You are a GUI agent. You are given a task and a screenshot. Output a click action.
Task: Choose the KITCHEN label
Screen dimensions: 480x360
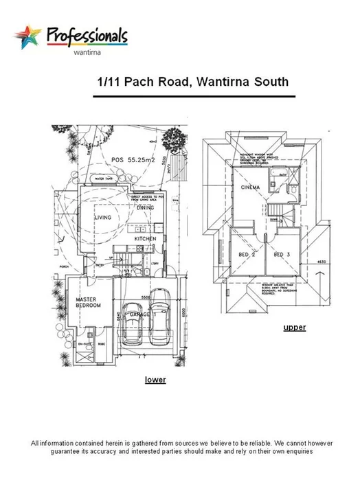(145, 238)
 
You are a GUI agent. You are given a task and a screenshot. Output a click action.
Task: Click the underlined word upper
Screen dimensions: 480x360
(294, 328)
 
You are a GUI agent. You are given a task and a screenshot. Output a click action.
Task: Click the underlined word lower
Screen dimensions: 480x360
(155, 378)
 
